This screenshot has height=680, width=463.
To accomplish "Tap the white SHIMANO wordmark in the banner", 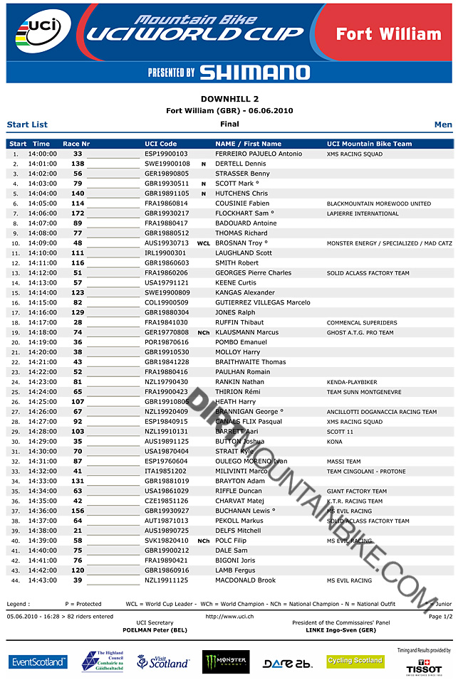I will click(x=254, y=72).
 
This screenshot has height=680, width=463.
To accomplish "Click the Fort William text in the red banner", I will click(x=388, y=34).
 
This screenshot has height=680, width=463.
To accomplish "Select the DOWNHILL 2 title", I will click(x=229, y=99).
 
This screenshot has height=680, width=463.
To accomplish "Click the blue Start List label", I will click(x=27, y=124).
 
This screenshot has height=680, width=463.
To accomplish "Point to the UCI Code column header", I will click(x=160, y=144).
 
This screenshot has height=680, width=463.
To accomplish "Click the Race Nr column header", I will click(x=76, y=144).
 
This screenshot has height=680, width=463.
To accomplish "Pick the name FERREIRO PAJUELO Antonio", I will click(x=258, y=154).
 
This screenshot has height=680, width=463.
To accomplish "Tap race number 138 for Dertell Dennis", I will click(x=78, y=164).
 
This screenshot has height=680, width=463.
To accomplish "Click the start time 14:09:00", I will click(x=42, y=243).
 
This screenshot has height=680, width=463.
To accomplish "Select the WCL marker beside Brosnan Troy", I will click(x=203, y=243).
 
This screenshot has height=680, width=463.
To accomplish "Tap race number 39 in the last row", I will click(x=78, y=580).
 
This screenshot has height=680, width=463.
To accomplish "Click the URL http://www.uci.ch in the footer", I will click(x=229, y=616).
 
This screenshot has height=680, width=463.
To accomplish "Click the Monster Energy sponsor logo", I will click(x=226, y=662).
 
